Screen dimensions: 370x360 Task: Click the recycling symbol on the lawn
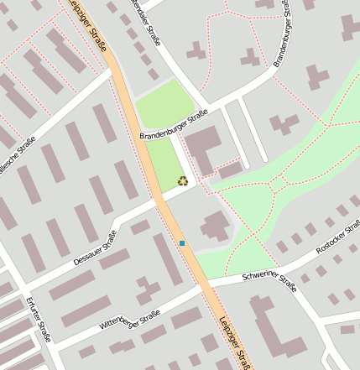183,180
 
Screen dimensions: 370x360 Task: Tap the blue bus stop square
182,243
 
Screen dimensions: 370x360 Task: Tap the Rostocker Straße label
338,245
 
